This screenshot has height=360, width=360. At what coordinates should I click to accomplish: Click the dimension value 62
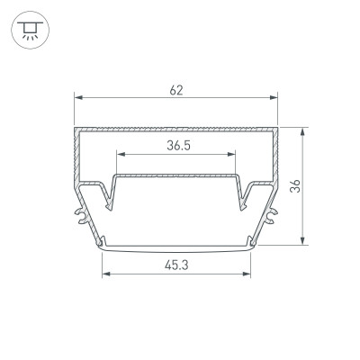[x=176, y=90]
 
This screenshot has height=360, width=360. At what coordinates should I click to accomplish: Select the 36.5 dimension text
[x=179, y=146]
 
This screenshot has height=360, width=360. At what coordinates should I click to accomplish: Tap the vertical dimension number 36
[x=295, y=186]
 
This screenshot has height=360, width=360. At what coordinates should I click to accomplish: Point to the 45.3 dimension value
[x=176, y=265]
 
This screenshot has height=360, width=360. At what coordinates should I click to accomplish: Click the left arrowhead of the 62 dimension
[x=78, y=97]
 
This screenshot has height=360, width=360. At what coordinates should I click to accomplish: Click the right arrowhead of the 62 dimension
[x=274, y=97]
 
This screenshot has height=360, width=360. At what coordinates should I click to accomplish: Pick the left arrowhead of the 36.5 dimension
[x=121, y=154]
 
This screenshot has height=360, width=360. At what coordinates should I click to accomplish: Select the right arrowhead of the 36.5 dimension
[x=231, y=154]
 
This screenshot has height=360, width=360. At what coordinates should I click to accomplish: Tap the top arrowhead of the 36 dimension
[x=303, y=131]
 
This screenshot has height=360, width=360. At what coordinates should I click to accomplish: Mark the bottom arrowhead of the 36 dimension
[x=303, y=241]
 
